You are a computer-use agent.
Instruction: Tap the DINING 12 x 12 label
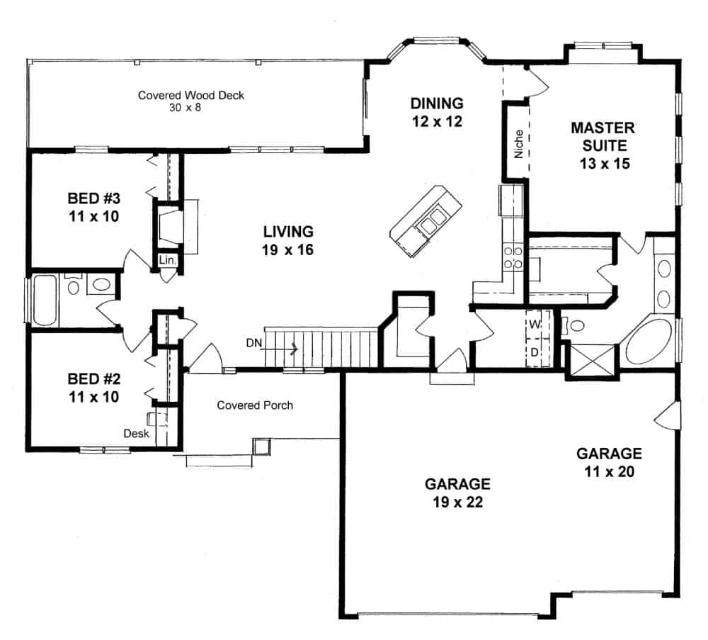pos(436,112)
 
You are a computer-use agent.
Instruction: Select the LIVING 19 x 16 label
pos(288,240)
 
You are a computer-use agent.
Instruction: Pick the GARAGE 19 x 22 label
pos(457,493)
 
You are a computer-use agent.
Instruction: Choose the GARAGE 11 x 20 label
pos(609,462)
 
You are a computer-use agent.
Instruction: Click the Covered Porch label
pos(255,405)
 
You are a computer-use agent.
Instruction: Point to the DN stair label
pos(253,343)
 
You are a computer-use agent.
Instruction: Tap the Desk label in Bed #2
pos(136,433)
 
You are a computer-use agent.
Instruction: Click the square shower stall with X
pos(592,359)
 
